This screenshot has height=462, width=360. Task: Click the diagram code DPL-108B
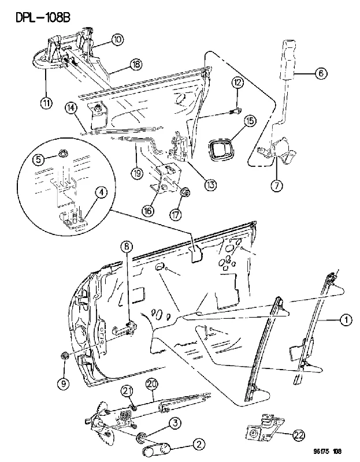pos(43,17)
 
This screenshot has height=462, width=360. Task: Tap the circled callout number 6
pos(321,73)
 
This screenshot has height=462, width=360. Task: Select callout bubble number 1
pos(346,320)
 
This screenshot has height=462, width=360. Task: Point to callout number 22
pos(299,435)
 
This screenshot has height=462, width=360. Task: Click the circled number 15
pos(250,121)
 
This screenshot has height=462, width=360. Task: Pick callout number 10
pos(117,39)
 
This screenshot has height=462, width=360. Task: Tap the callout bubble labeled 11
pos(46,103)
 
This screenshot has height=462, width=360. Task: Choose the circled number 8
pos(127,247)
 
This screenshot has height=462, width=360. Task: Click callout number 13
pos(210,185)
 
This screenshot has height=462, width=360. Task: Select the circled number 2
pos(199,444)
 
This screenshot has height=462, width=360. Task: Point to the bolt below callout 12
pos(235,111)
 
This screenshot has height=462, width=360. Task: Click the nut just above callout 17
pos(185,193)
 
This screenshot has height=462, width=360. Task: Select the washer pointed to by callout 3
pos(140,437)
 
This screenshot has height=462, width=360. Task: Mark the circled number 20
pos(152,385)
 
